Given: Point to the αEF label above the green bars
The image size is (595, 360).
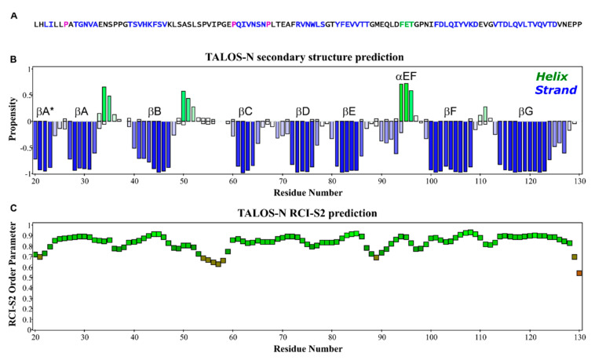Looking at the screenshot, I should [407, 77].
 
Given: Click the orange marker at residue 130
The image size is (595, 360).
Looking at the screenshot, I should [579, 273].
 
